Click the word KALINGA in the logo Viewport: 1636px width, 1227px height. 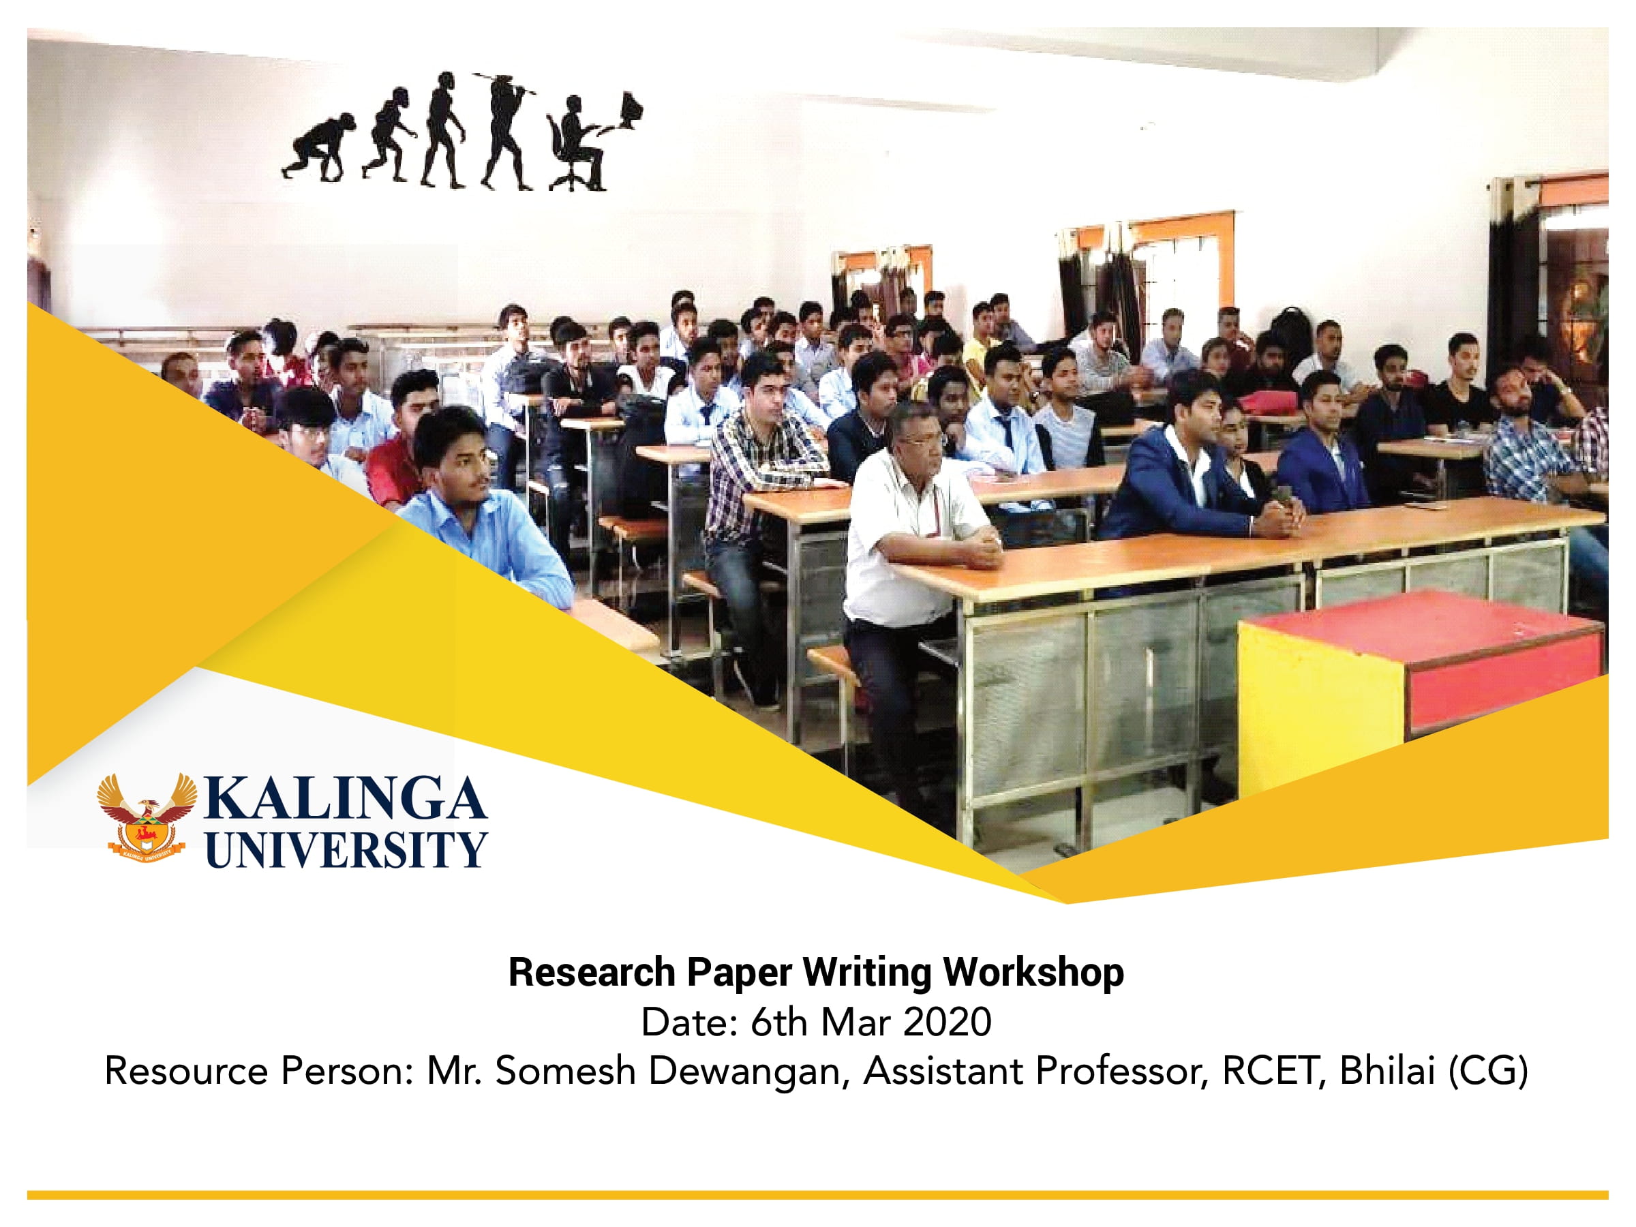(x=345, y=799)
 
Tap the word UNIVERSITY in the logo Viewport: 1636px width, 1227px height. (x=346, y=849)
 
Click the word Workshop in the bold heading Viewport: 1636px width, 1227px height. (x=1033, y=973)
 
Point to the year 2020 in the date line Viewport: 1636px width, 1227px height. (x=947, y=1023)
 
